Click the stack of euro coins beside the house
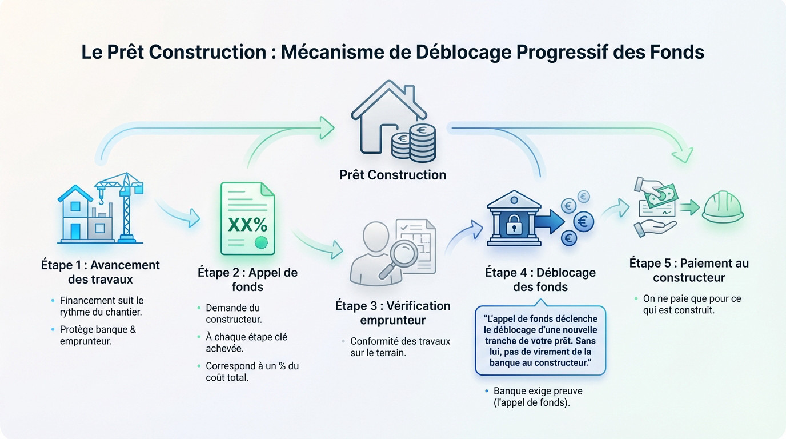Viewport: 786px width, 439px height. point(415,142)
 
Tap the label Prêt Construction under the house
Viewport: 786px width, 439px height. point(393,175)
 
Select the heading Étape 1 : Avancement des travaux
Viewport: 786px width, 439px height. point(101,272)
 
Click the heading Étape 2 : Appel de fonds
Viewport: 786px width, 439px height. point(247,280)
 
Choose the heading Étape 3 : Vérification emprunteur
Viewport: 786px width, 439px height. point(392,313)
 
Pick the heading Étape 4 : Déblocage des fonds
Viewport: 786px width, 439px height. point(540,280)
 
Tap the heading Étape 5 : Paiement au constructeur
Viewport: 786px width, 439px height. point(689,270)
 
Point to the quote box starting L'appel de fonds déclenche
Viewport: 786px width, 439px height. point(540,341)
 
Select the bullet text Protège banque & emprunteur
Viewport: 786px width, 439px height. point(98,335)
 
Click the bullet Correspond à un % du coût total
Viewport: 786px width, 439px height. point(252,372)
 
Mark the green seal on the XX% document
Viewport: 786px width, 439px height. point(262,242)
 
